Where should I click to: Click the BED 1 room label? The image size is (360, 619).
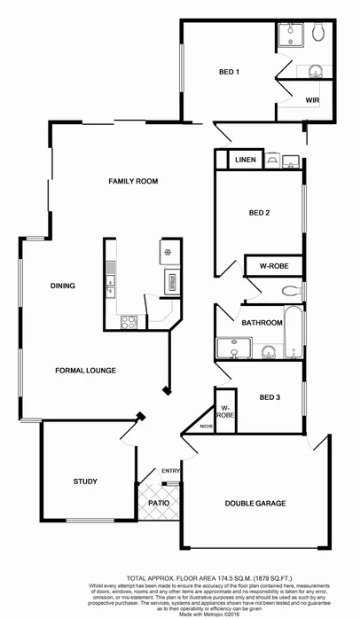(x=231, y=72)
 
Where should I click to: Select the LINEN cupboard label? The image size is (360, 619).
(x=246, y=161)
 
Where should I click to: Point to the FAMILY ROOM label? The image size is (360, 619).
(x=133, y=181)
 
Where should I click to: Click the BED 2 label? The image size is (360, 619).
(x=260, y=213)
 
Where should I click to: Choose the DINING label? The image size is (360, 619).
(x=63, y=286)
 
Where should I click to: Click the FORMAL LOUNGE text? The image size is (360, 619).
(x=86, y=370)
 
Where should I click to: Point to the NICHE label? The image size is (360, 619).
(x=207, y=427)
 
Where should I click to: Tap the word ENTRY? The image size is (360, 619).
(x=169, y=471)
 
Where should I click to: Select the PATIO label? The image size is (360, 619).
(x=159, y=503)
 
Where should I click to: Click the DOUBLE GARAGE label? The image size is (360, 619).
(x=255, y=504)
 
